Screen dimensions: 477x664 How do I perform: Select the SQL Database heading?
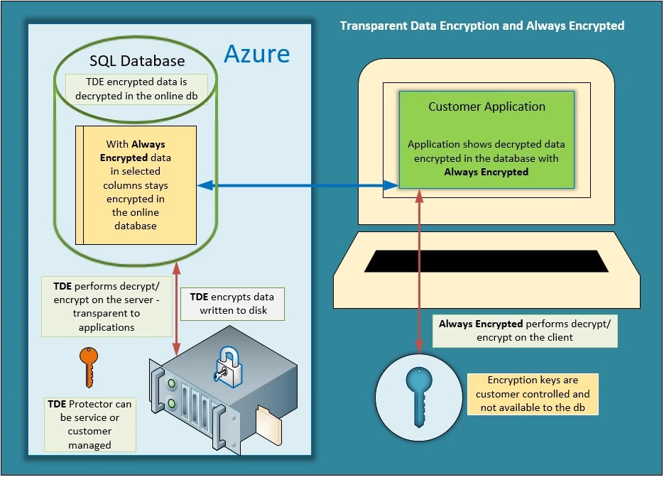[x=137, y=61]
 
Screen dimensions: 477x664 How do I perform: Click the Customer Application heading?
[x=486, y=107]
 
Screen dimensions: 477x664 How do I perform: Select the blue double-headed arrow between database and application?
[x=298, y=186]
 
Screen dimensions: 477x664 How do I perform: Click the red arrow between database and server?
[x=176, y=307]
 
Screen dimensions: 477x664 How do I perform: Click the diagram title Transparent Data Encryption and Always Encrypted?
[x=481, y=26]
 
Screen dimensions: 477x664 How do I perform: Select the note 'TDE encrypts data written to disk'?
[x=232, y=303]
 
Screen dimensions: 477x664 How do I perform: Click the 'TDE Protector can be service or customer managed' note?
[x=89, y=424]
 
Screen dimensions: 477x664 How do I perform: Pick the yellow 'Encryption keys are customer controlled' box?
[x=532, y=394]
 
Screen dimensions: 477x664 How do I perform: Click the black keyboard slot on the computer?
[x=486, y=261]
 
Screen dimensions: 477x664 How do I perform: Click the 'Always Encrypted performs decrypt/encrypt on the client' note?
[x=528, y=331]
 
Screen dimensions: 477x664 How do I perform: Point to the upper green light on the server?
[x=171, y=385]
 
